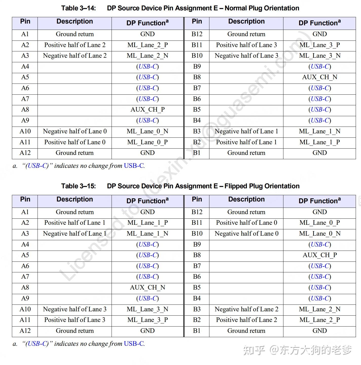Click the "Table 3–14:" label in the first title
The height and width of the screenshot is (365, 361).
78,8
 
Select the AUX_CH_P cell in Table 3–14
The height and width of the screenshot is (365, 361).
148,110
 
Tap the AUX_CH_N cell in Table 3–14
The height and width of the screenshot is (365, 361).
319,77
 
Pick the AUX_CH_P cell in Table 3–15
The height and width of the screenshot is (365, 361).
319,255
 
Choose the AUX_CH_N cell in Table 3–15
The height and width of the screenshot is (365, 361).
148,288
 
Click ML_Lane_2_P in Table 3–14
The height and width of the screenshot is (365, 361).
148,45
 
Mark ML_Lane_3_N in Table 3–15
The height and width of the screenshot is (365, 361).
148,309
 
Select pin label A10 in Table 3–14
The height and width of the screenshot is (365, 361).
25,131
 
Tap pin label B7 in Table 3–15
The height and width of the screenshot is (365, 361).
197,266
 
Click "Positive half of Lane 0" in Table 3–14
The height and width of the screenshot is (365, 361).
75,142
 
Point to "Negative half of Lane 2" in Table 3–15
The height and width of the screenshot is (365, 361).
246,309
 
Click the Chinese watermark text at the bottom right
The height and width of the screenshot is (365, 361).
297,351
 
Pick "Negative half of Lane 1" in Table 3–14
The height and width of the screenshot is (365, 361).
246,131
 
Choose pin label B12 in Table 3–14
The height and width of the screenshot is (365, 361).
197,34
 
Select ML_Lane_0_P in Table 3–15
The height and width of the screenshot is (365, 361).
319,223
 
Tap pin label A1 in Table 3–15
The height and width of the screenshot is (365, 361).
25,212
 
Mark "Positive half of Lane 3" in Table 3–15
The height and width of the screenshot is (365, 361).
75,320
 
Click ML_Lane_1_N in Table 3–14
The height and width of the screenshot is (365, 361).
319,131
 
